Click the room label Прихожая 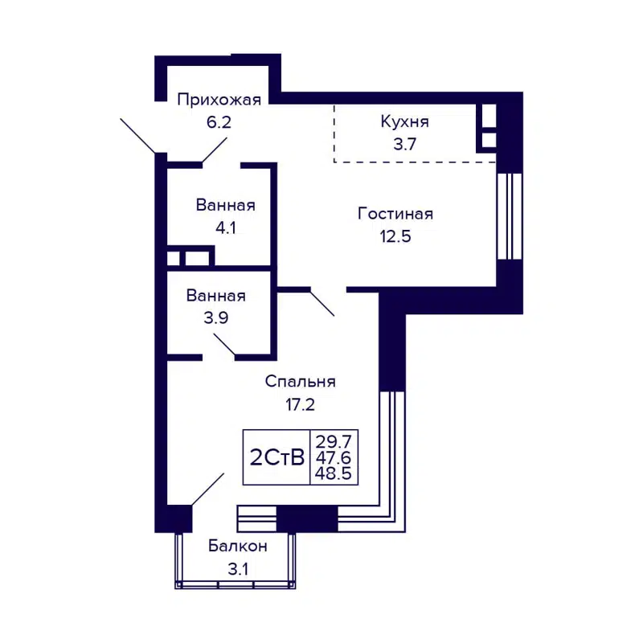pyautogui.click(x=219, y=100)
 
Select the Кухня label pyautogui.click(x=404, y=122)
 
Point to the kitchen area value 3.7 pyautogui.click(x=404, y=145)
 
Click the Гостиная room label pyautogui.click(x=395, y=214)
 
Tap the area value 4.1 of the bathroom pyautogui.click(x=225, y=227)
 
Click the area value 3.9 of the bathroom pyautogui.click(x=215, y=317)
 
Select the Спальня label pyautogui.click(x=300, y=382)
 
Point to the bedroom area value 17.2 pyautogui.click(x=300, y=404)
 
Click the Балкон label pyautogui.click(x=237, y=547)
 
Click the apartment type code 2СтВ pyautogui.click(x=277, y=458)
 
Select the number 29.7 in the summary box pyautogui.click(x=334, y=441)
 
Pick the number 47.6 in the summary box pyautogui.click(x=334, y=457)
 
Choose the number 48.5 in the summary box pyautogui.click(x=334, y=473)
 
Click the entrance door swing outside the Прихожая pyautogui.click(x=137, y=134)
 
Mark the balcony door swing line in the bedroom pyautogui.click(x=208, y=489)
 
